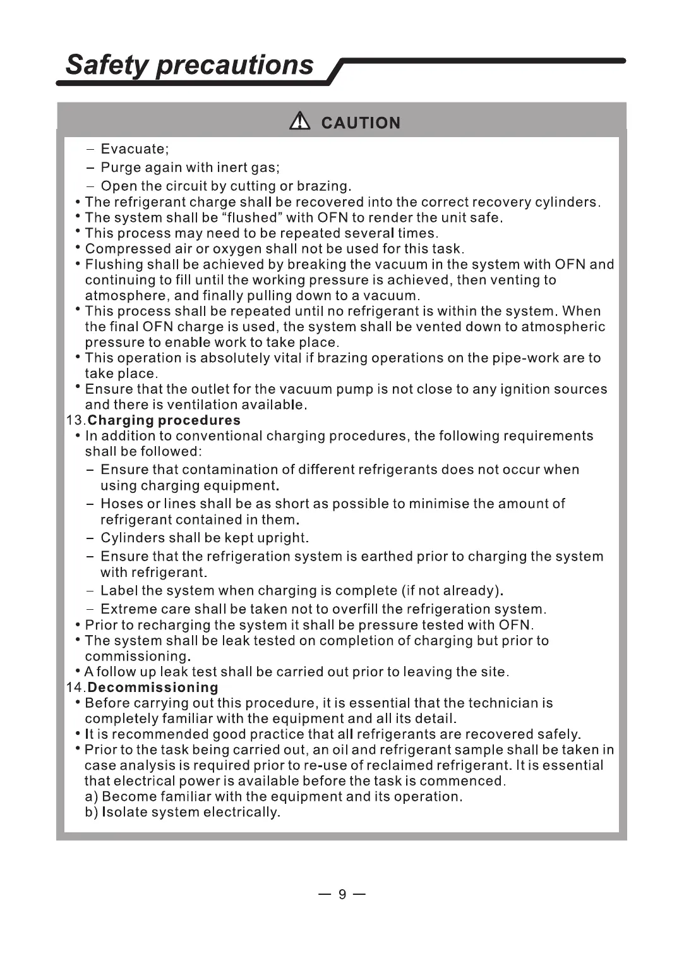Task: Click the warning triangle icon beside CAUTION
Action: click(x=300, y=121)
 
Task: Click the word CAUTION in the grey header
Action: click(x=361, y=123)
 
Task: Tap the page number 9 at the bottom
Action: click(x=342, y=894)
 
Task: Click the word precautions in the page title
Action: click(x=235, y=65)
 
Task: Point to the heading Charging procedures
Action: click(x=164, y=420)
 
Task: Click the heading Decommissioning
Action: click(x=153, y=687)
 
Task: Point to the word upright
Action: click(x=282, y=538)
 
